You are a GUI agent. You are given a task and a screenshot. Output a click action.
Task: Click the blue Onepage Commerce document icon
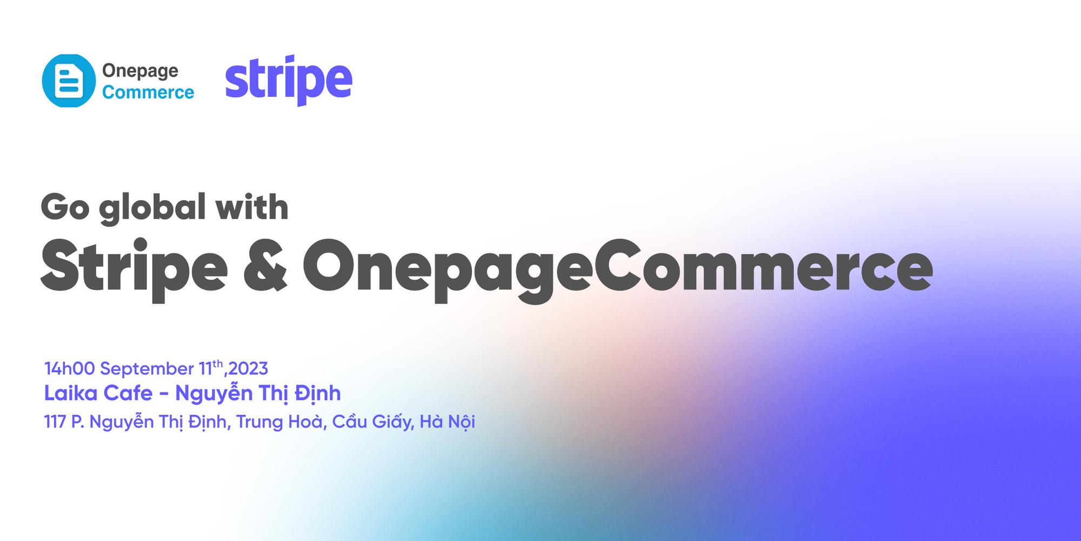point(69,81)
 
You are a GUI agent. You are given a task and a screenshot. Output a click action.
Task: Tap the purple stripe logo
point(289,80)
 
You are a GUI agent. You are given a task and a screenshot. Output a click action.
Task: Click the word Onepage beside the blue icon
point(140,71)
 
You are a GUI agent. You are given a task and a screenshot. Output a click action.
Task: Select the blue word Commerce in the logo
point(148,93)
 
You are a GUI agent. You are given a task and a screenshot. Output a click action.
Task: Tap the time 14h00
point(69,369)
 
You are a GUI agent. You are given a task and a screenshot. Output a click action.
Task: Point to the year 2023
point(248,369)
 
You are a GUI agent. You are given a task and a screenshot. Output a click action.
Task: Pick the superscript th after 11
point(217,364)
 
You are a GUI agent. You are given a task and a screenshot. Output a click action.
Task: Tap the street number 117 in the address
point(55,421)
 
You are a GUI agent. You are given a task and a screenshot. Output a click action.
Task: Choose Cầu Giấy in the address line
point(373,421)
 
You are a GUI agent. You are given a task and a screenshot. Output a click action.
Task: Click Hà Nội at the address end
point(448,421)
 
